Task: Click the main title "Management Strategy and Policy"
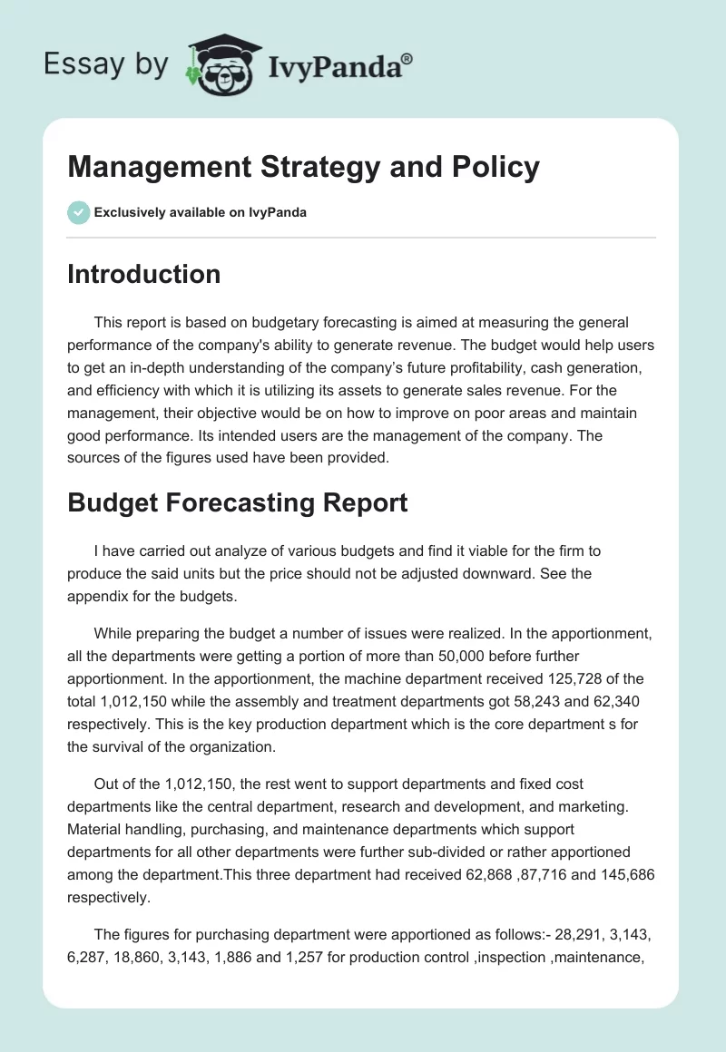[x=303, y=167]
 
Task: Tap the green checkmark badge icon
[x=78, y=213]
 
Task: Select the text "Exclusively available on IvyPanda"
[x=201, y=213]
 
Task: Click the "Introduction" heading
[x=143, y=274]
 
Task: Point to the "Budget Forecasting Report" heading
[x=238, y=502]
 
